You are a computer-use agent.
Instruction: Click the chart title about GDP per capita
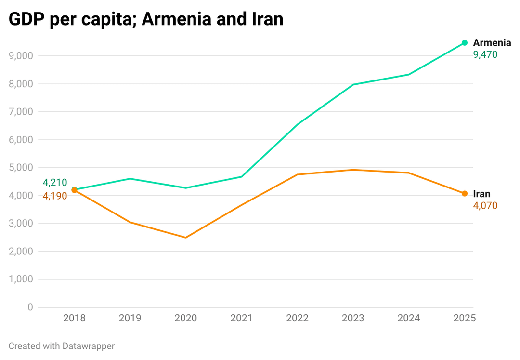tap(146, 19)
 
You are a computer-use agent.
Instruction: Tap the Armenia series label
tap(492, 43)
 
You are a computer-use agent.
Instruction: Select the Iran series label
tap(481, 194)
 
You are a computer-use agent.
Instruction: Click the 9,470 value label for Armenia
tap(485, 55)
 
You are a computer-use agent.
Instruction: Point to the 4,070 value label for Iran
tap(485, 206)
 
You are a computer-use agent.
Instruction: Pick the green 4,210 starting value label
tap(54, 183)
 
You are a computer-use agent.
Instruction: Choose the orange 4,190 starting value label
tap(54, 196)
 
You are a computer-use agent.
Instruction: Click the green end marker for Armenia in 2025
tap(465, 43)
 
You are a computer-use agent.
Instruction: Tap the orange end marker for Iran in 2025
tap(465, 194)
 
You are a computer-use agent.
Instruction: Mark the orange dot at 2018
tap(74, 190)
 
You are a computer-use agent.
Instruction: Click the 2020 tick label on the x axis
tap(185, 318)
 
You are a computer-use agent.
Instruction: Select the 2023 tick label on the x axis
tap(353, 318)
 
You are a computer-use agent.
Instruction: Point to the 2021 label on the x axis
tap(241, 318)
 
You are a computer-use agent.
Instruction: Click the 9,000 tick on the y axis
tap(21, 56)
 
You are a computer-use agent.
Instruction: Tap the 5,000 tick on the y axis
tap(21, 168)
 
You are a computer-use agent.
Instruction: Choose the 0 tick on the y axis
tap(30, 307)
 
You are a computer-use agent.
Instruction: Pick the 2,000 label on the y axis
tap(21, 251)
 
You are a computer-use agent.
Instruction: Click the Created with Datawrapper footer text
tap(61, 346)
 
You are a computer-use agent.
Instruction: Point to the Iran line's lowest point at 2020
tap(185, 238)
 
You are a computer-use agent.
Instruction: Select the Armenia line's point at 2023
tap(353, 85)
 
